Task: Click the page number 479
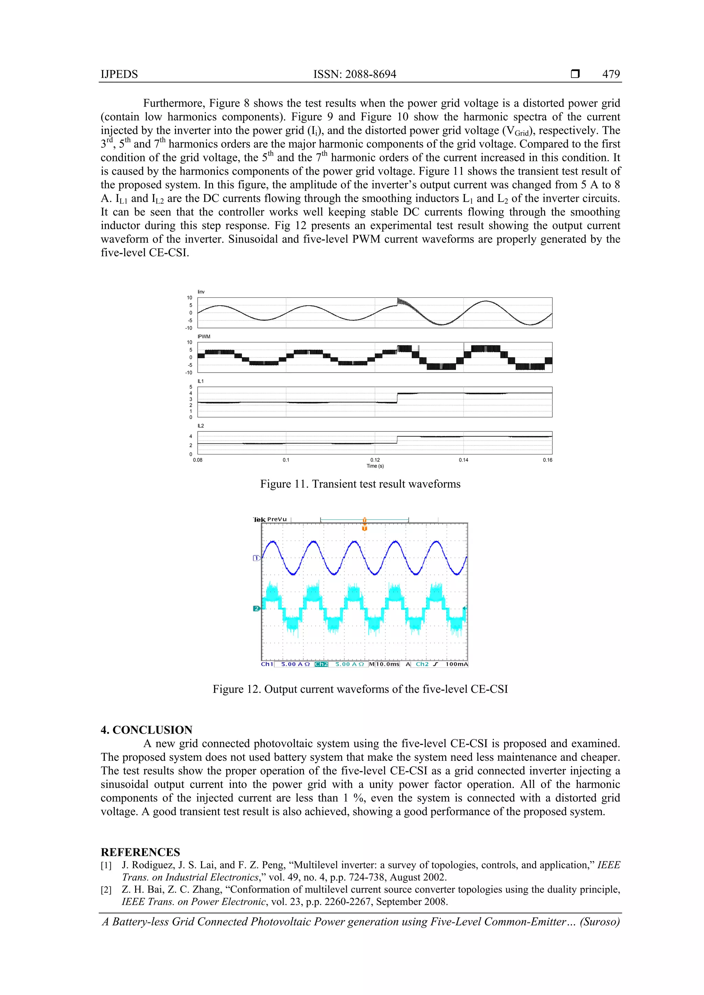[611, 74]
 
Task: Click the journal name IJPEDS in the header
[119, 74]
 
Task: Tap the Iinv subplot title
[201, 292]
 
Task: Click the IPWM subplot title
[203, 336]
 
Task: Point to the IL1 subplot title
[201, 381]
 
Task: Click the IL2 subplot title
[201, 426]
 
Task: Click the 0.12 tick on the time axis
[375, 460]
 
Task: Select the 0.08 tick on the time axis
[197, 460]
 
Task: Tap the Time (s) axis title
[375, 466]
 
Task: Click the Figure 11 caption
[360, 484]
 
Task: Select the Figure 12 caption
[360, 689]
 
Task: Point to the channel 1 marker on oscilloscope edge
[256, 558]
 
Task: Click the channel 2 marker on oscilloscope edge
[256, 609]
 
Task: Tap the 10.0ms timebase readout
[387, 664]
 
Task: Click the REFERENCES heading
[140, 852]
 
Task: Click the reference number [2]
[106, 890]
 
